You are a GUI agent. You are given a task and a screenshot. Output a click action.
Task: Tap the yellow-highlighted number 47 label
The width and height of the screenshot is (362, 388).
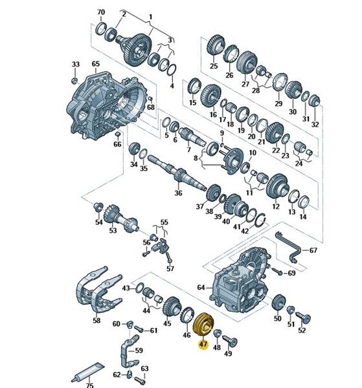point(203,345)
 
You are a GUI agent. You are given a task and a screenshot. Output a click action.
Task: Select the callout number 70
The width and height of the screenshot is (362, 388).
point(101,12)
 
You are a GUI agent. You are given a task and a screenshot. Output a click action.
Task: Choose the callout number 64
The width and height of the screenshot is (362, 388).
point(201,287)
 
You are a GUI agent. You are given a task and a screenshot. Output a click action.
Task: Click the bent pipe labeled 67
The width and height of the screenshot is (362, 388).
point(290,248)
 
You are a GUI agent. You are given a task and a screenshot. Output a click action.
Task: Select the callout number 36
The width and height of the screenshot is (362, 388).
point(178,193)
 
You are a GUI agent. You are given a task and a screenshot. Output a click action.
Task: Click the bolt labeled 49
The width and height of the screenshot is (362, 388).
point(230,341)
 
